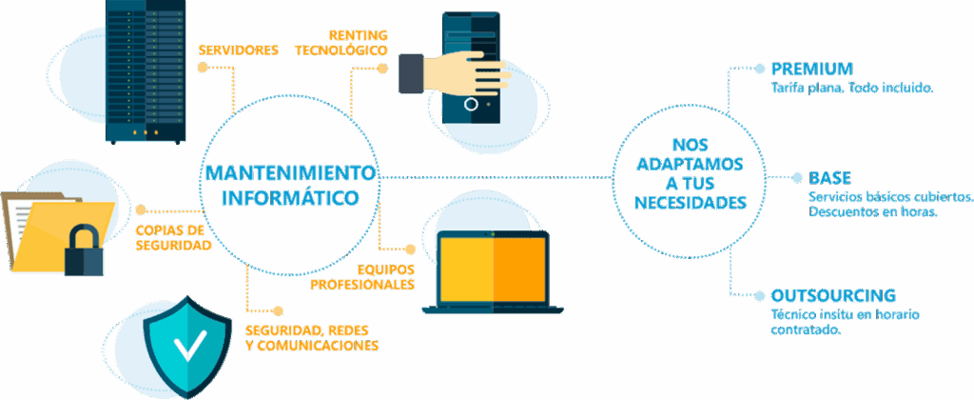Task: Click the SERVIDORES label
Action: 238,50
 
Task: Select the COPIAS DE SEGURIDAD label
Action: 172,238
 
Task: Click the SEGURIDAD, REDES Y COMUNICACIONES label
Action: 311,338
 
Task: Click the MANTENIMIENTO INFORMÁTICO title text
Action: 291,185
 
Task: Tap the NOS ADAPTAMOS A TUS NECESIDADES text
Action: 691,173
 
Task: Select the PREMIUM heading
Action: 811,69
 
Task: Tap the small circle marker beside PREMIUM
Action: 759,68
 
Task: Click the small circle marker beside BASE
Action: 797,178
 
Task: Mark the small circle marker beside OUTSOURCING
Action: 759,294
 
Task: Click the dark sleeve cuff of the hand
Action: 411,72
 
